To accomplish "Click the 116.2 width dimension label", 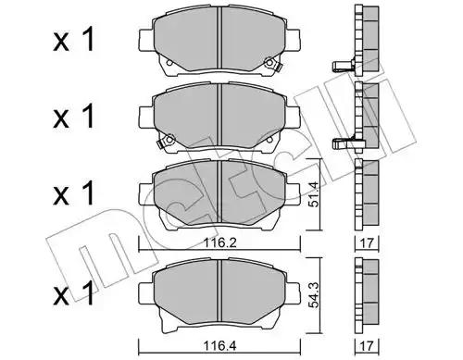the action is [220, 243].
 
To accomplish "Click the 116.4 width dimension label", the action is [219, 346].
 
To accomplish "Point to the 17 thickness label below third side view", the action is [367, 243].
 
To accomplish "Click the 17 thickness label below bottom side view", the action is [367, 346].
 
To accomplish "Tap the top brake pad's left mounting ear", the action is [146, 40].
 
